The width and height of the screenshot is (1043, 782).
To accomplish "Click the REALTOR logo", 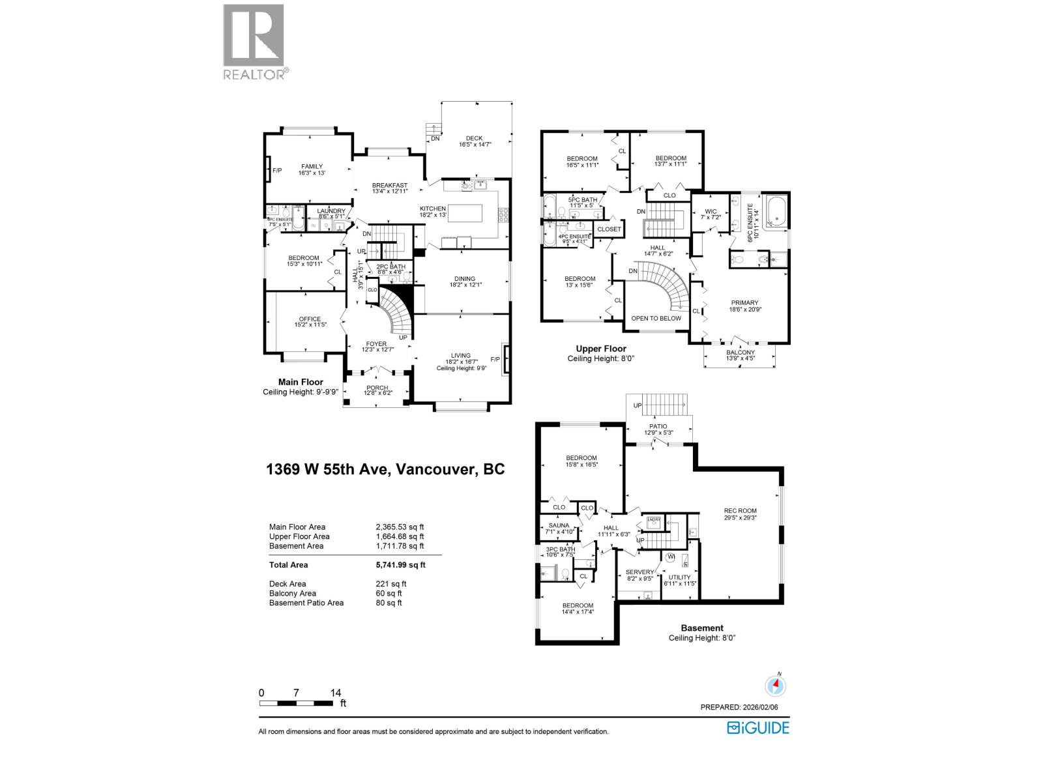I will pyautogui.click(x=254, y=42).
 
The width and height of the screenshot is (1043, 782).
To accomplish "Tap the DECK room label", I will pyautogui.click(x=474, y=138).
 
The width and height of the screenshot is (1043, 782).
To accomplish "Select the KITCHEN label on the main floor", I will pyautogui.click(x=433, y=209).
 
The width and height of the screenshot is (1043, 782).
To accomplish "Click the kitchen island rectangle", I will pyautogui.click(x=463, y=213).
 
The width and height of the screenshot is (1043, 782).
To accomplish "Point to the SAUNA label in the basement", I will pyautogui.click(x=559, y=525).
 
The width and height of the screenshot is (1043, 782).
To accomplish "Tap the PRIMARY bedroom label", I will pyautogui.click(x=744, y=302).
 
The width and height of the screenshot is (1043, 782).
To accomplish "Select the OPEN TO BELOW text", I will pyautogui.click(x=656, y=318).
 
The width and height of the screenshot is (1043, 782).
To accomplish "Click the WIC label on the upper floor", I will pyautogui.click(x=711, y=211).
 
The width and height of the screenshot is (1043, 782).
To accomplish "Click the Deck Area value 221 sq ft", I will pyautogui.click(x=387, y=584).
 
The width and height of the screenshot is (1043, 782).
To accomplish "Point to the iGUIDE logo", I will pyautogui.click(x=757, y=727).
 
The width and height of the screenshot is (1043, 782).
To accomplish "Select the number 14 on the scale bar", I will pyautogui.click(x=336, y=693).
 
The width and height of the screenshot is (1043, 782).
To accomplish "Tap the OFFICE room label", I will pyautogui.click(x=310, y=319).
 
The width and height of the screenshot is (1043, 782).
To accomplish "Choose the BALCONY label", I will pyautogui.click(x=740, y=353).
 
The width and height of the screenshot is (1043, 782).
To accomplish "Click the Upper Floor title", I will pyautogui.click(x=600, y=349).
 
